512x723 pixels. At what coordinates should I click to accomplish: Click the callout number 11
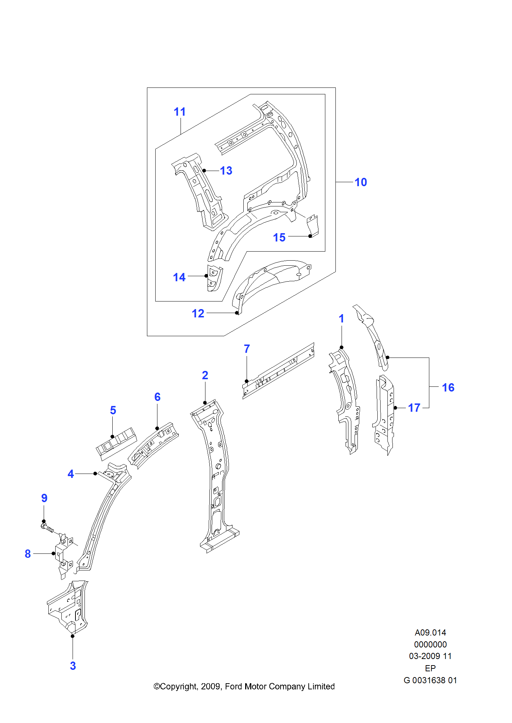pyautogui.click(x=179, y=112)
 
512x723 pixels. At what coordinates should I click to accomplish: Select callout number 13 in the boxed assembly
pyautogui.click(x=226, y=171)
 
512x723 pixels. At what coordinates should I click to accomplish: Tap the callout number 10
pyautogui.click(x=360, y=182)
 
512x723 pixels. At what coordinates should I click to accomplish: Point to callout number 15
pyautogui.click(x=279, y=238)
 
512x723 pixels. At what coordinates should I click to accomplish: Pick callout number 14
pyautogui.click(x=179, y=277)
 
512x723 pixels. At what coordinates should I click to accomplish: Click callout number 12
pyautogui.click(x=198, y=313)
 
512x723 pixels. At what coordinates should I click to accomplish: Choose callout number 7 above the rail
pyautogui.click(x=247, y=349)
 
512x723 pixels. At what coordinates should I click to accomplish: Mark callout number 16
pyautogui.click(x=448, y=388)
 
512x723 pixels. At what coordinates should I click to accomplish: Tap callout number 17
pyautogui.click(x=414, y=408)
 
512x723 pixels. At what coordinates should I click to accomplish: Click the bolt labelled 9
pyautogui.click(x=48, y=529)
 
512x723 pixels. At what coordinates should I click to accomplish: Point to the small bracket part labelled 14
pyautogui.click(x=214, y=278)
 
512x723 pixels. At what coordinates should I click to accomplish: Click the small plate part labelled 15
pyautogui.click(x=313, y=226)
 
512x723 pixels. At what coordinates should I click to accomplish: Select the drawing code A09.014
pyautogui.click(x=430, y=633)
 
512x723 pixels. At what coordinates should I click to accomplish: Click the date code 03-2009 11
pyautogui.click(x=430, y=656)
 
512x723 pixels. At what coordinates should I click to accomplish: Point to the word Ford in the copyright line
pyautogui.click(x=234, y=686)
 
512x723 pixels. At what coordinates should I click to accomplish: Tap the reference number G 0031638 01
pyautogui.click(x=430, y=680)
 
